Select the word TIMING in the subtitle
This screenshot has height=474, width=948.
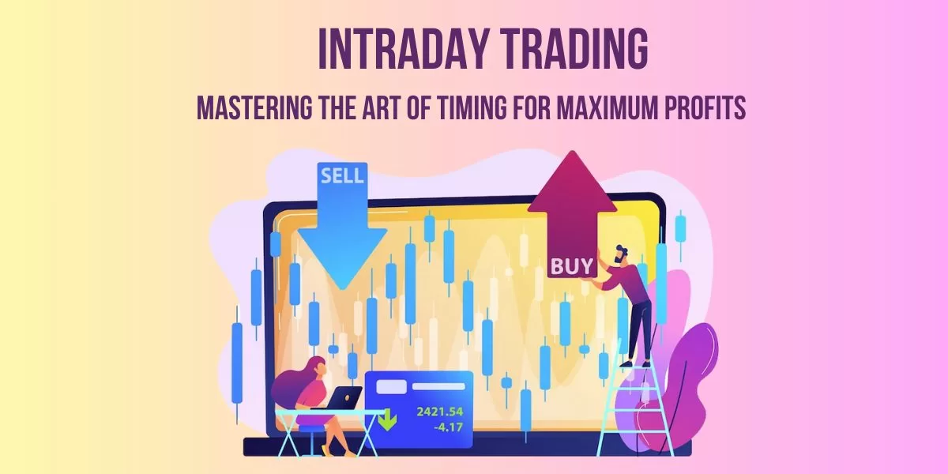[472, 107]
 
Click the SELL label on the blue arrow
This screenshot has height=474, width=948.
[342, 175]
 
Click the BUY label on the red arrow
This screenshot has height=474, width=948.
[571, 267]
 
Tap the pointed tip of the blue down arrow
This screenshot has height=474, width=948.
[342, 289]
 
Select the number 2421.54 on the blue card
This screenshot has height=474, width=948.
[440, 412]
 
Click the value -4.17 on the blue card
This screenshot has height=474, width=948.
[448, 427]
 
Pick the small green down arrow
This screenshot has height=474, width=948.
[387, 420]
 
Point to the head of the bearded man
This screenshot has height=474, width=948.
[621, 255]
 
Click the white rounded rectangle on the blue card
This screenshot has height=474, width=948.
[392, 386]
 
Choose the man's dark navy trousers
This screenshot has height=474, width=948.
[639, 330]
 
